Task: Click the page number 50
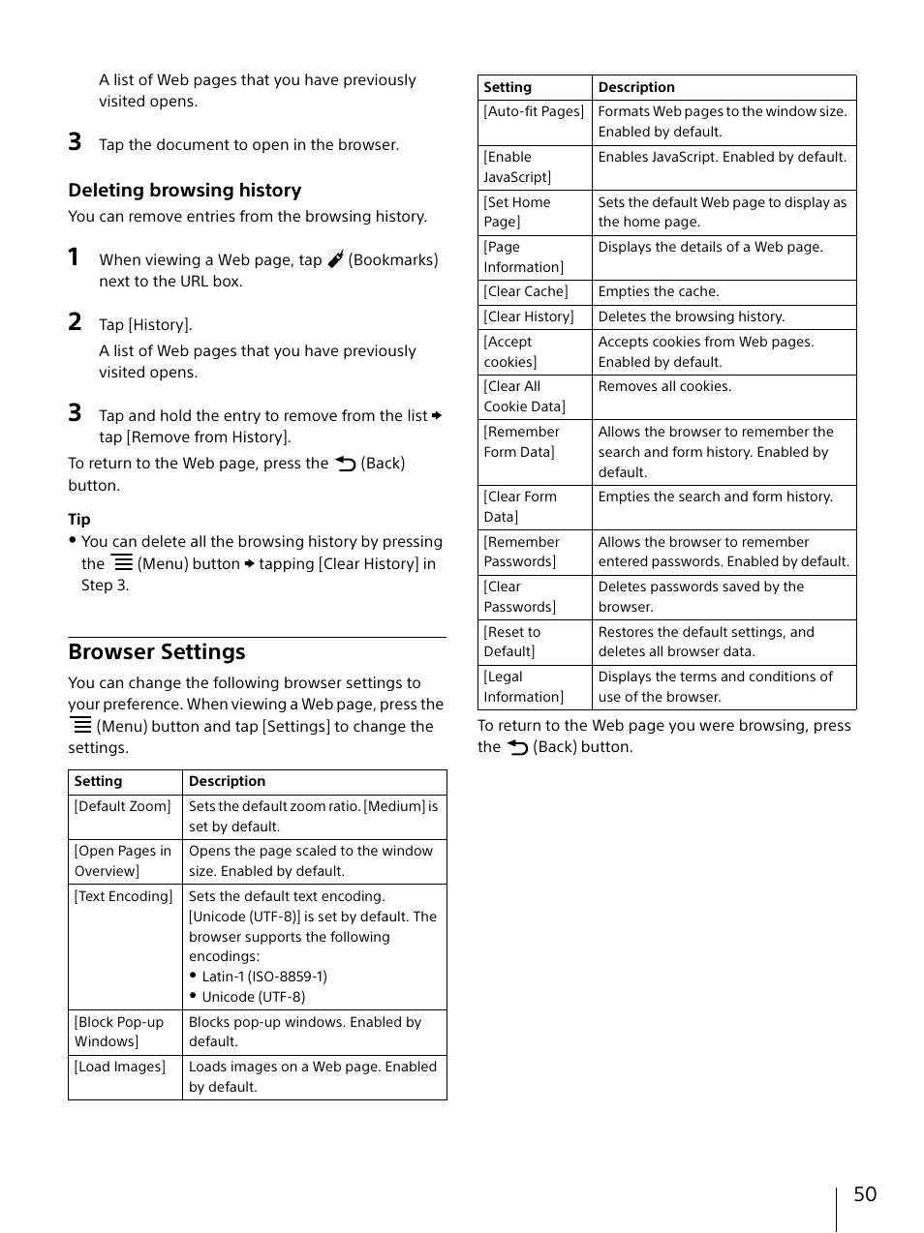coord(864,1194)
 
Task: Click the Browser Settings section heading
coord(157,652)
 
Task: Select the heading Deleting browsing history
coord(184,191)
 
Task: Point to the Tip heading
coord(79,520)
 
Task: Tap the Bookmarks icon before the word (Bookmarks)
coord(335,259)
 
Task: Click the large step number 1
coord(74,257)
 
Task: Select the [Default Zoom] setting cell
coord(123,806)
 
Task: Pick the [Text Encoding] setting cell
coord(124,896)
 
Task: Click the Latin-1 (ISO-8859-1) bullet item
coord(264,977)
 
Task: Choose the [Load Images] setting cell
coord(120,1067)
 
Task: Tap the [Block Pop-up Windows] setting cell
coord(119,1032)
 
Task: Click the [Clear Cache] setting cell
coord(526,291)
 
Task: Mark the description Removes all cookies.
coord(664,386)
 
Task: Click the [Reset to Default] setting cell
coord(512,642)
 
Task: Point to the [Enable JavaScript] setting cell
coord(517,167)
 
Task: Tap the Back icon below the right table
coord(518,747)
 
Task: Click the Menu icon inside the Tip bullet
coord(122,562)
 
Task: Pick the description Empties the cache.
coord(658,291)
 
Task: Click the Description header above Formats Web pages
coord(636,87)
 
